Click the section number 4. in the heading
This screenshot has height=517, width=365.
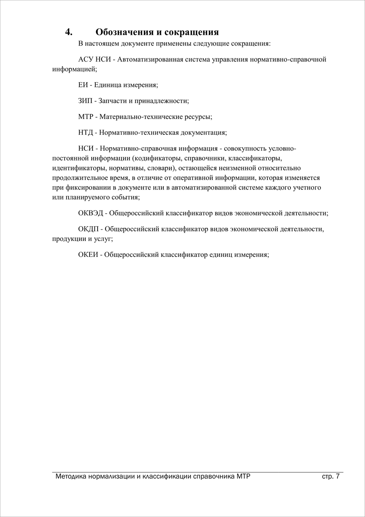(69, 32)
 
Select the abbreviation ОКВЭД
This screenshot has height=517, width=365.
(90, 213)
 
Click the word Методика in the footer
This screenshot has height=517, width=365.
(71, 476)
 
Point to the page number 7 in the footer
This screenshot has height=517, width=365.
(338, 476)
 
